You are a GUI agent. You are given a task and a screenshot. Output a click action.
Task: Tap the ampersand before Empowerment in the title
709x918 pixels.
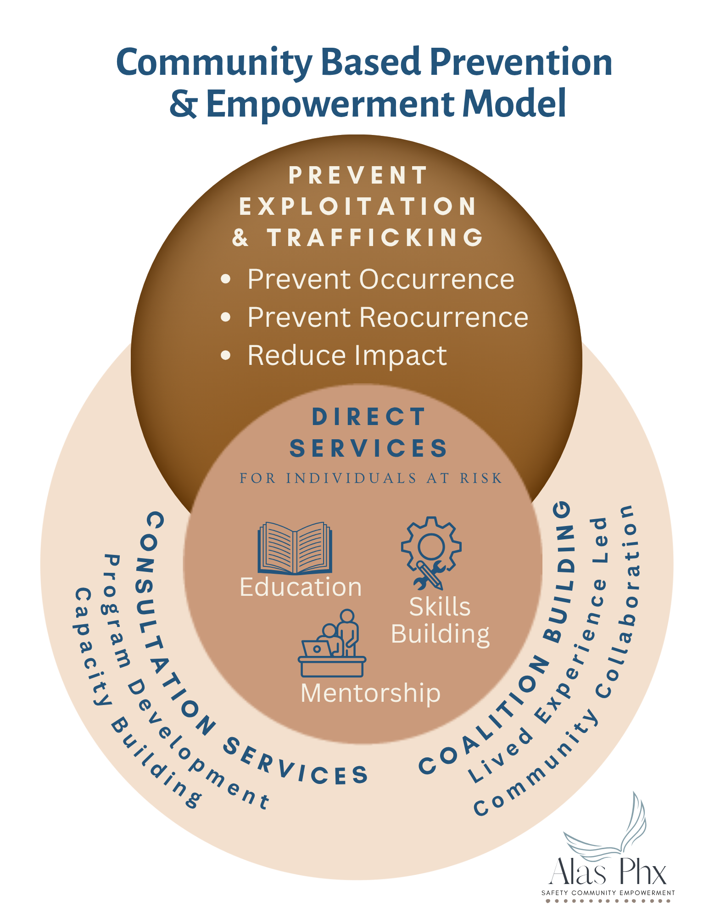click(x=183, y=104)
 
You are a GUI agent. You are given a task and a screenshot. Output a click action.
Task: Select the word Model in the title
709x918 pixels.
click(x=514, y=104)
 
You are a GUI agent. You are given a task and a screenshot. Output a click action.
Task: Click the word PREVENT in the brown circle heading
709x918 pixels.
click(x=358, y=175)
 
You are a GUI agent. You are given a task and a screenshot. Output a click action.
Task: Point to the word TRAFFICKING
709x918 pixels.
click(x=375, y=238)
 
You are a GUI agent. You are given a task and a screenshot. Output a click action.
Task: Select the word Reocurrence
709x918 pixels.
click(x=444, y=317)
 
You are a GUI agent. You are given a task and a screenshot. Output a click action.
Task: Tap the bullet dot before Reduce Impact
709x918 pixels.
click(x=225, y=355)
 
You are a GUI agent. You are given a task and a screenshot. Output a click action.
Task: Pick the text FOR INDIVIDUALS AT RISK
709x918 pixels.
click(x=371, y=478)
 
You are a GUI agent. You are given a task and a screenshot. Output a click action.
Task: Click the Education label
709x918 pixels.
click(x=301, y=587)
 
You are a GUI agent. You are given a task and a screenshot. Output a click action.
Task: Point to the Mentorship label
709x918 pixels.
click(x=370, y=693)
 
